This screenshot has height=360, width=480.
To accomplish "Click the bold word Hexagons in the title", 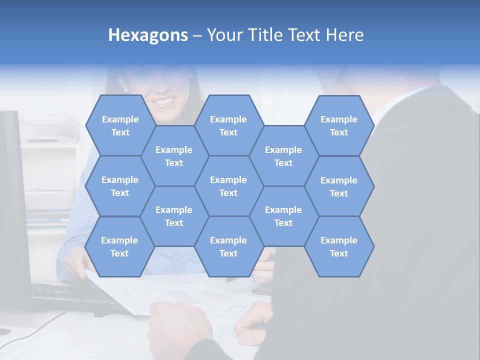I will [148, 35].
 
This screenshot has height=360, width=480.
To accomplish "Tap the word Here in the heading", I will [344, 35].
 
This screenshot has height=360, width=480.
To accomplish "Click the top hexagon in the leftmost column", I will [120, 125].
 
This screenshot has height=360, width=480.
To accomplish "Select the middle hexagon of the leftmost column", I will [120, 186].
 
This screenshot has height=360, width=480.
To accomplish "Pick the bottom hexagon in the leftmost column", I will [119, 246].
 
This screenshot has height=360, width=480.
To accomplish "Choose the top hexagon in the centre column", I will [228, 125].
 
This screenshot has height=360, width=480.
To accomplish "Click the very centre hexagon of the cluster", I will [228, 186].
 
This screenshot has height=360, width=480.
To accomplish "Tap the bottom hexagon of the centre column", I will [228, 246].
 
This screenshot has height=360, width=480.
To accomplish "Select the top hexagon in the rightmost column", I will [339, 125].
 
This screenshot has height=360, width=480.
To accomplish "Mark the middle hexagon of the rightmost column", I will [339, 186].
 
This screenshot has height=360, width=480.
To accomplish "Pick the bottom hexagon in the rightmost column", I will [339, 246].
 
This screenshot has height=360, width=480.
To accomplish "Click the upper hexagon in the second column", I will [174, 156].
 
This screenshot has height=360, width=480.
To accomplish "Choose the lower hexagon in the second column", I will [174, 216].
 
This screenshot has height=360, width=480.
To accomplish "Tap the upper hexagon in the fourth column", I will [283, 156].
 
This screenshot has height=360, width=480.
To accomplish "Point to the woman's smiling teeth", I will [165, 102].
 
